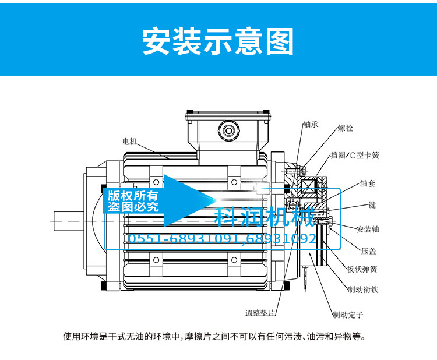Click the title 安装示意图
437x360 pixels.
(218, 41)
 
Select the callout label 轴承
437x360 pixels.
(311, 124)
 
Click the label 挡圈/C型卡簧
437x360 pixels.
(355, 156)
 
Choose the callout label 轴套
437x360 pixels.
(368, 183)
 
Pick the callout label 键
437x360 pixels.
(371, 205)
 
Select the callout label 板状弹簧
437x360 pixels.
(362, 269)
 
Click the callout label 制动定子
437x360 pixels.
(348, 315)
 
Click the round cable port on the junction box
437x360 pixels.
(226, 128)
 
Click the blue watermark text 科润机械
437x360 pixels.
(265, 218)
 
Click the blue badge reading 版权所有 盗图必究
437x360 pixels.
(132, 201)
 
